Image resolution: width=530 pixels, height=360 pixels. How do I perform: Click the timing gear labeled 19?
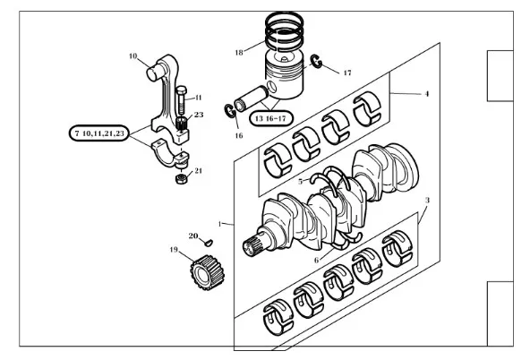(207, 272)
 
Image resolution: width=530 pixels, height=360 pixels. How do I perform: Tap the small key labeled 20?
(209, 242)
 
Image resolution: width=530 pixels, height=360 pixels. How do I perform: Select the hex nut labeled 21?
(182, 179)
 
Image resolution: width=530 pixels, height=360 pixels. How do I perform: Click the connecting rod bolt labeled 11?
(181, 100)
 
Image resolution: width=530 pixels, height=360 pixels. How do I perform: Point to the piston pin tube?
(252, 99)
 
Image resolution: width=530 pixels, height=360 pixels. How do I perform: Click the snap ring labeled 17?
(317, 61)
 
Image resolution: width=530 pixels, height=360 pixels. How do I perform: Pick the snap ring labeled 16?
(230, 111)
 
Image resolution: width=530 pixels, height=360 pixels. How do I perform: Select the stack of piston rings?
(284, 31)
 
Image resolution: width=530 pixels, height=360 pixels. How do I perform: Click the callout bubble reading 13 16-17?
(270, 118)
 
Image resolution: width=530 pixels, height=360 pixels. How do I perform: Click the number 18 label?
(239, 53)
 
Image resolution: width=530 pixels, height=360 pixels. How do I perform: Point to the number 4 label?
(427, 94)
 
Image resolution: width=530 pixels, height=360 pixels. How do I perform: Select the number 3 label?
(427, 201)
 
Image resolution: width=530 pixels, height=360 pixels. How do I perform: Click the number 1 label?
(219, 224)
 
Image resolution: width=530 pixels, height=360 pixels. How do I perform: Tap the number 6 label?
(317, 260)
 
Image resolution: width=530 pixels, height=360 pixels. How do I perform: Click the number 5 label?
(301, 182)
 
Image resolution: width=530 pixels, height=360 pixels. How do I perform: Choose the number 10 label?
(132, 56)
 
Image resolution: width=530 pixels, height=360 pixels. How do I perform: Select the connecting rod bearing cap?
(170, 154)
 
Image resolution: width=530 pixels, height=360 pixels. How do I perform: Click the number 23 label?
(199, 115)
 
